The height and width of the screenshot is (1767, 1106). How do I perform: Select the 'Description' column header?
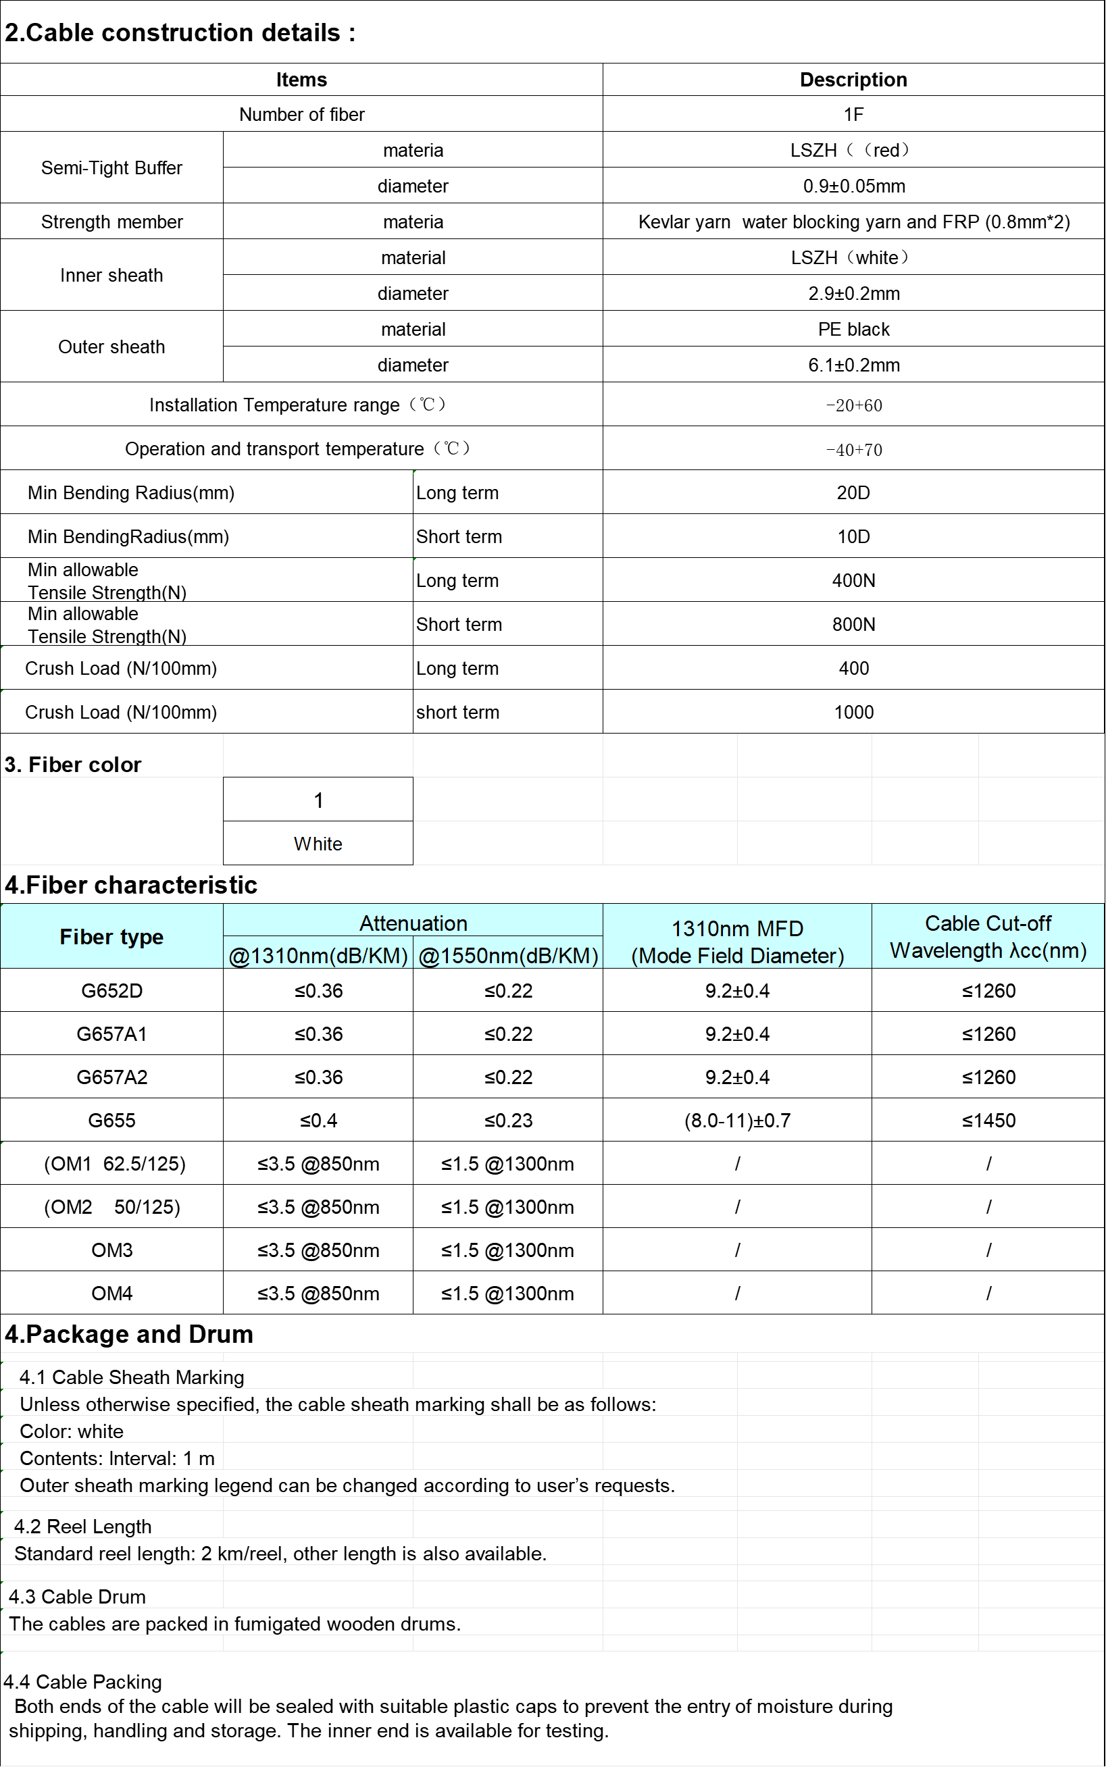[x=853, y=80]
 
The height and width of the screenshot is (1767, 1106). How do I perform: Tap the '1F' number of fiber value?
[x=853, y=115]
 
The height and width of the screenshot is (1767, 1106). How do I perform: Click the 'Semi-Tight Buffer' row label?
[x=111, y=168]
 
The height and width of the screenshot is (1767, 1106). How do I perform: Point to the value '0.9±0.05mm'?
[x=853, y=186]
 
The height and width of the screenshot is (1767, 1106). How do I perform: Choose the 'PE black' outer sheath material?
[x=853, y=330]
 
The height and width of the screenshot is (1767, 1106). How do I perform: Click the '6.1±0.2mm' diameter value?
[x=853, y=365]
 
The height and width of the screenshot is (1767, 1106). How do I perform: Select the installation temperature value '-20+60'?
[x=853, y=406]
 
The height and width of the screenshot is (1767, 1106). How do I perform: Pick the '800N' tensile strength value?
[x=853, y=625]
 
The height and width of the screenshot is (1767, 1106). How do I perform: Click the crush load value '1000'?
[x=853, y=713]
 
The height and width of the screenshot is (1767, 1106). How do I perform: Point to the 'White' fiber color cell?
[x=318, y=844]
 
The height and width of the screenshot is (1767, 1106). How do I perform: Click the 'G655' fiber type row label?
[x=111, y=1121]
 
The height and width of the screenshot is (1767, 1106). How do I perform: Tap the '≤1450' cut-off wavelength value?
[x=988, y=1121]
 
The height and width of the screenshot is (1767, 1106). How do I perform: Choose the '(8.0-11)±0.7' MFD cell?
[x=737, y=1121]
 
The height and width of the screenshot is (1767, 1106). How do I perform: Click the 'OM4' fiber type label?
[x=111, y=1294]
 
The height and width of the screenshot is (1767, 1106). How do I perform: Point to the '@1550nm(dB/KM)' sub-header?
[x=508, y=956]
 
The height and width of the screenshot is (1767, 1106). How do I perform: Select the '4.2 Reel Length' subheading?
[x=82, y=1527]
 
